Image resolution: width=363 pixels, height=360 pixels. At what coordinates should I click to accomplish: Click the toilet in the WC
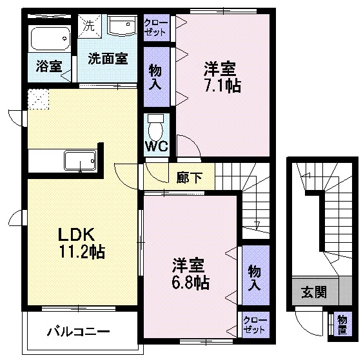[x=155, y=127]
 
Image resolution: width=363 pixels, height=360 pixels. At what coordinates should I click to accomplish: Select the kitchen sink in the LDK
[x=80, y=161]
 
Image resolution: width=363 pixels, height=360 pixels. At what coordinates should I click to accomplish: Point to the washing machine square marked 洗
[x=90, y=26]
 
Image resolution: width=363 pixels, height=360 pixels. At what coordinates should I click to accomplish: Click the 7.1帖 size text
[x=223, y=86]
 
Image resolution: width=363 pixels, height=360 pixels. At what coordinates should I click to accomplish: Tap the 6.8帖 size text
[x=190, y=282]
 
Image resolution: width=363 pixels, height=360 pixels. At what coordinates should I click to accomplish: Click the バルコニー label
[x=79, y=332]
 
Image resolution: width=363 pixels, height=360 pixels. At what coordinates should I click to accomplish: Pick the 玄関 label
[x=314, y=292]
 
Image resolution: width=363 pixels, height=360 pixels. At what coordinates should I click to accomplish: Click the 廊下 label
[x=190, y=178]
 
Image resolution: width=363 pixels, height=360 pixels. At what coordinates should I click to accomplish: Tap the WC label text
[x=157, y=146]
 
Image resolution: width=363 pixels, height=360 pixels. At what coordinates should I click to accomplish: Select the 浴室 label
[x=49, y=66]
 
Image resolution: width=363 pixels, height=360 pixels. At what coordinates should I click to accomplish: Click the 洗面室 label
[x=108, y=59]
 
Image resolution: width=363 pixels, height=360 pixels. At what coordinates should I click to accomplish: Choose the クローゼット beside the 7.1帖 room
[x=157, y=28]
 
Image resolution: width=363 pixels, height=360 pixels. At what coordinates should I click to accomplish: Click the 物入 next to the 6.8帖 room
[x=256, y=275]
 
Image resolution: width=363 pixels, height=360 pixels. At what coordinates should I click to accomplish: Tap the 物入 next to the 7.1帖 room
[x=157, y=77]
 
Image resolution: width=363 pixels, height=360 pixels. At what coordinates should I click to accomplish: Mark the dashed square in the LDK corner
[x=39, y=99]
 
